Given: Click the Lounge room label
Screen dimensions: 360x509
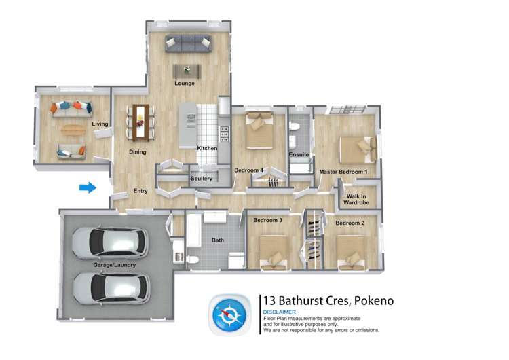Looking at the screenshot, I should click(185, 84).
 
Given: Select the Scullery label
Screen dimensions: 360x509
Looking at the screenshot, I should click(202, 179).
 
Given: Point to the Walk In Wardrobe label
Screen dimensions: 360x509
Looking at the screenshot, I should click(356, 199).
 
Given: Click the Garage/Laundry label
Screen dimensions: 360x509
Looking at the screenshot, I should click(115, 265).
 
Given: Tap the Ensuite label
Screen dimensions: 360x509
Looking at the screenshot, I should click(299, 155).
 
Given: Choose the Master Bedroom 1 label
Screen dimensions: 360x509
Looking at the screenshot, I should click(343, 172).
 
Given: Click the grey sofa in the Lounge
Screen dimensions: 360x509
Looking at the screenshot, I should click(188, 44).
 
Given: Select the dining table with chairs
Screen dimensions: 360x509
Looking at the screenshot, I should click(140, 119).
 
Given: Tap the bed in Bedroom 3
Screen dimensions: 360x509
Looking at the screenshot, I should click(271, 251).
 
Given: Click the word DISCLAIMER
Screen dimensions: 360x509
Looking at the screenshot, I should click(280, 312).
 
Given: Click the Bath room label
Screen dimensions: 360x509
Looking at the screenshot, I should click(217, 240).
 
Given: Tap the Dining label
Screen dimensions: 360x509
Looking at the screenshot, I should click(138, 151).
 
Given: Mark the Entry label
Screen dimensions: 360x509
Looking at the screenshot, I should click(140, 191).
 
